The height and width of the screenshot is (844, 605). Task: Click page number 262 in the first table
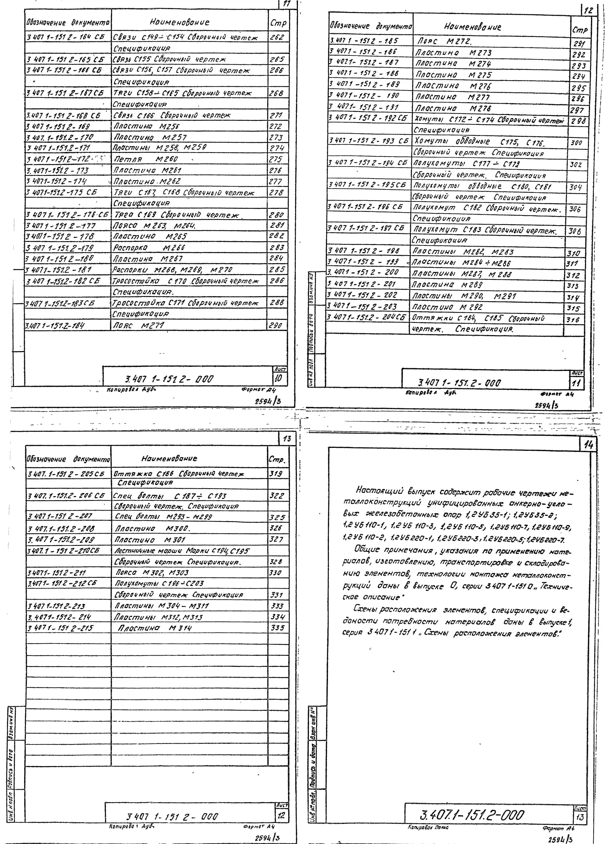click(x=277, y=37)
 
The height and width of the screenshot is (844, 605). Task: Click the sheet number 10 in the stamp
click(x=279, y=378)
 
